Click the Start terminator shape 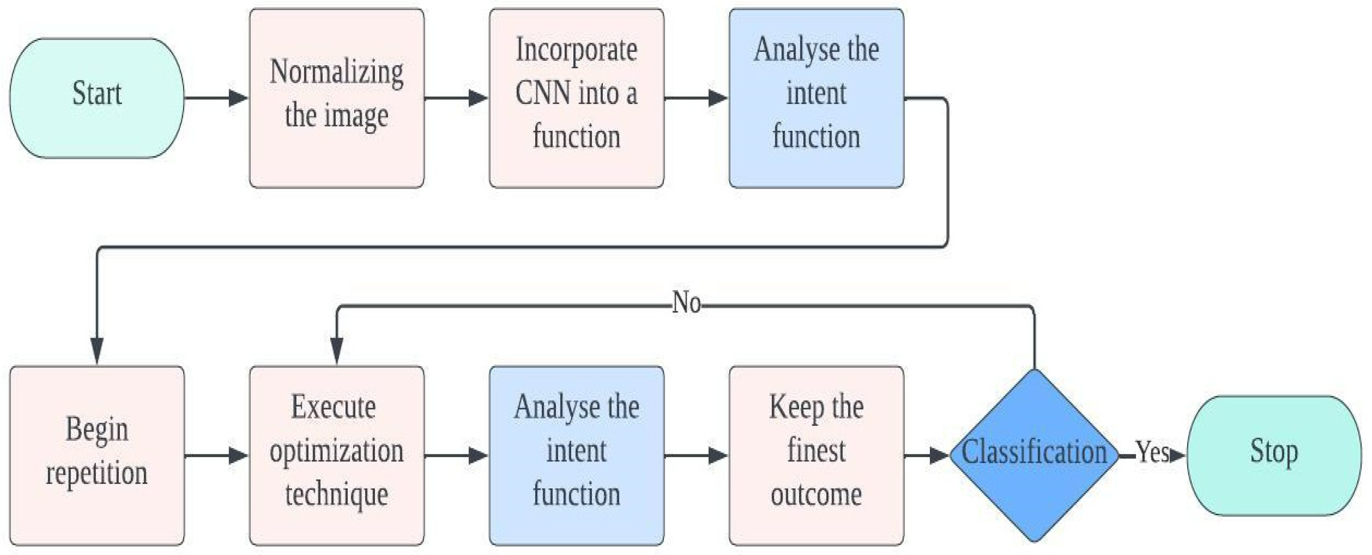pyautogui.click(x=97, y=98)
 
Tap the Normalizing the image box pyautogui.click(x=337, y=98)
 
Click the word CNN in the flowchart pyautogui.click(x=543, y=93)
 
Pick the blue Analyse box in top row pyautogui.click(x=816, y=98)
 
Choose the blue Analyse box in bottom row pyautogui.click(x=576, y=455)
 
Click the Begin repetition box pyautogui.click(x=97, y=455)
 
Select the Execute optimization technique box pyautogui.click(x=337, y=455)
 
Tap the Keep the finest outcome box pyautogui.click(x=816, y=455)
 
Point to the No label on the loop pyautogui.click(x=686, y=303)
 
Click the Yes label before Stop pyautogui.click(x=1152, y=453)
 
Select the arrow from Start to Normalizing pyautogui.click(x=216, y=98)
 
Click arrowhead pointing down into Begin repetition pyautogui.click(x=97, y=352)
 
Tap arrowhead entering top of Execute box pyautogui.click(x=337, y=352)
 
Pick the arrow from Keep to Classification pyautogui.click(x=927, y=455)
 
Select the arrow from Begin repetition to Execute pyautogui.click(x=216, y=455)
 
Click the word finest pyautogui.click(x=816, y=450)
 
